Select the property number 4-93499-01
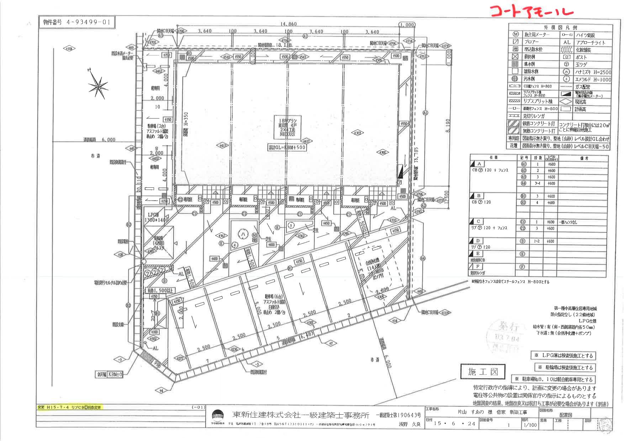(77, 22)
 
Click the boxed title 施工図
(483, 372)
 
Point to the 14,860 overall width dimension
(288, 24)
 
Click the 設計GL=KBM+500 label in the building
(287, 147)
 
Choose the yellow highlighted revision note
(70, 408)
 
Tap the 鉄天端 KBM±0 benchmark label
(110, 374)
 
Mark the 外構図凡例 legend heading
(560, 27)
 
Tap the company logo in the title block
(218, 416)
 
